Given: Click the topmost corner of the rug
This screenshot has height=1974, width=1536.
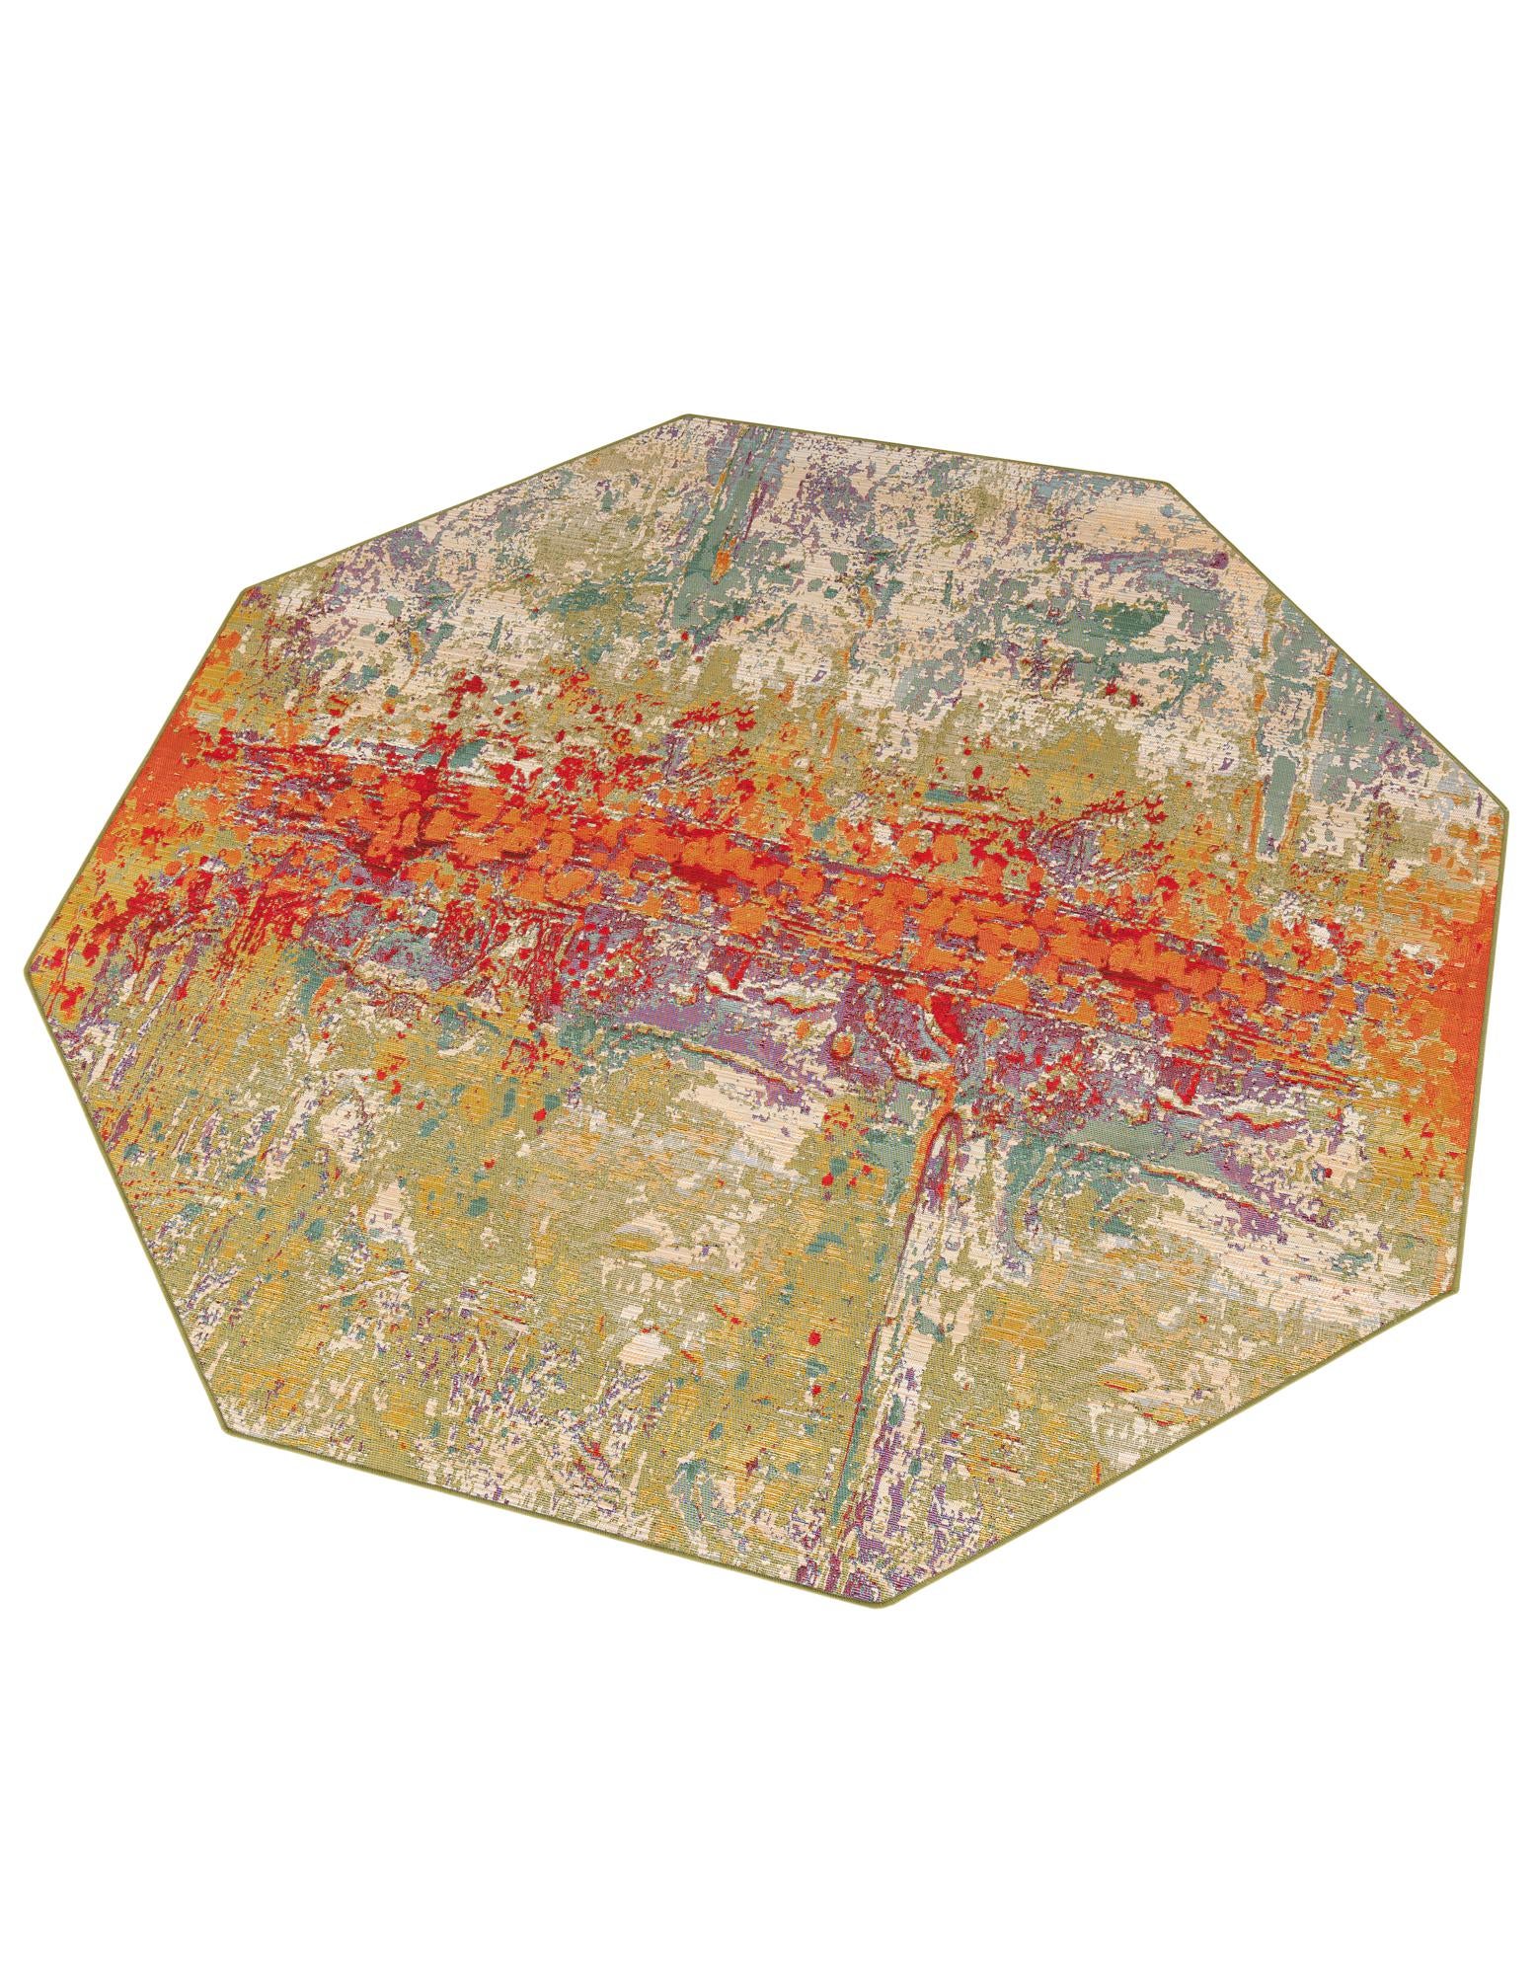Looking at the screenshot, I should point(687,415).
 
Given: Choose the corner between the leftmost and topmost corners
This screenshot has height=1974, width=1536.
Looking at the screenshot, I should point(240,588).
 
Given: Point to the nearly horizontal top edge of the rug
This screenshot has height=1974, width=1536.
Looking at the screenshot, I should point(928,449).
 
